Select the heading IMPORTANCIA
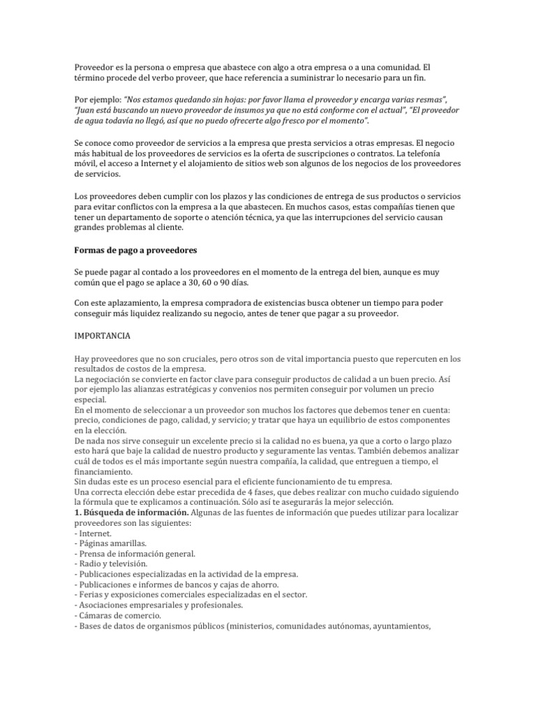point(102,336)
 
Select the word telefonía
point(435,153)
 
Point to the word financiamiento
point(106,472)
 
